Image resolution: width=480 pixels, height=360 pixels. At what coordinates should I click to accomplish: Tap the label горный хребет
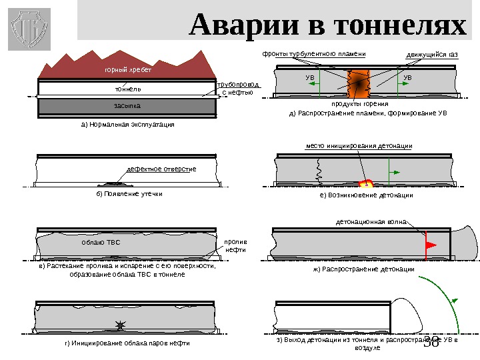(128, 69)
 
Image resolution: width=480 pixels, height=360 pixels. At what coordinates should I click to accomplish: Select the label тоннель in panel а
(128, 88)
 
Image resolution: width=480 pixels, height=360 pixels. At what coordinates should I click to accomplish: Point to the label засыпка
(128, 106)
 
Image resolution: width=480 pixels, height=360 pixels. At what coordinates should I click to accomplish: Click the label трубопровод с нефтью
(238, 89)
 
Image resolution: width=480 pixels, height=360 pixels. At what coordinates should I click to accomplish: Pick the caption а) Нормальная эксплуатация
(127, 125)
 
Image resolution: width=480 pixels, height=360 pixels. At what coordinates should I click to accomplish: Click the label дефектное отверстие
(161, 169)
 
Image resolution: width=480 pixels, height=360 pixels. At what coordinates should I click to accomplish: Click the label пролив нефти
(235, 246)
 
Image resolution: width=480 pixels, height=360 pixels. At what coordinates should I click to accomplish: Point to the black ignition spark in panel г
(120, 325)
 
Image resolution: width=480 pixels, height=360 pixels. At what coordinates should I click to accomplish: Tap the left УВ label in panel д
(309, 78)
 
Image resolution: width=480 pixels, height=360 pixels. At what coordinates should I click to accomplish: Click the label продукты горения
(360, 105)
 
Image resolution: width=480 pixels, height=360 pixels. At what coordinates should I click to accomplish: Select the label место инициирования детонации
(359, 145)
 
